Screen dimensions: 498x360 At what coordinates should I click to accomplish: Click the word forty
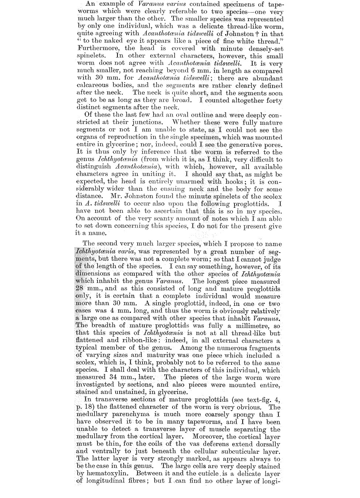[x=274, y=100]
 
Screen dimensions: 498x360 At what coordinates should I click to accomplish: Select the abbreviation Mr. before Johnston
[x=118, y=196]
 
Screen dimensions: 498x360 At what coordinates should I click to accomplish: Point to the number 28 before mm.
[x=80, y=289]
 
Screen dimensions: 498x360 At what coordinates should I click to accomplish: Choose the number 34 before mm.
[x=113, y=377]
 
